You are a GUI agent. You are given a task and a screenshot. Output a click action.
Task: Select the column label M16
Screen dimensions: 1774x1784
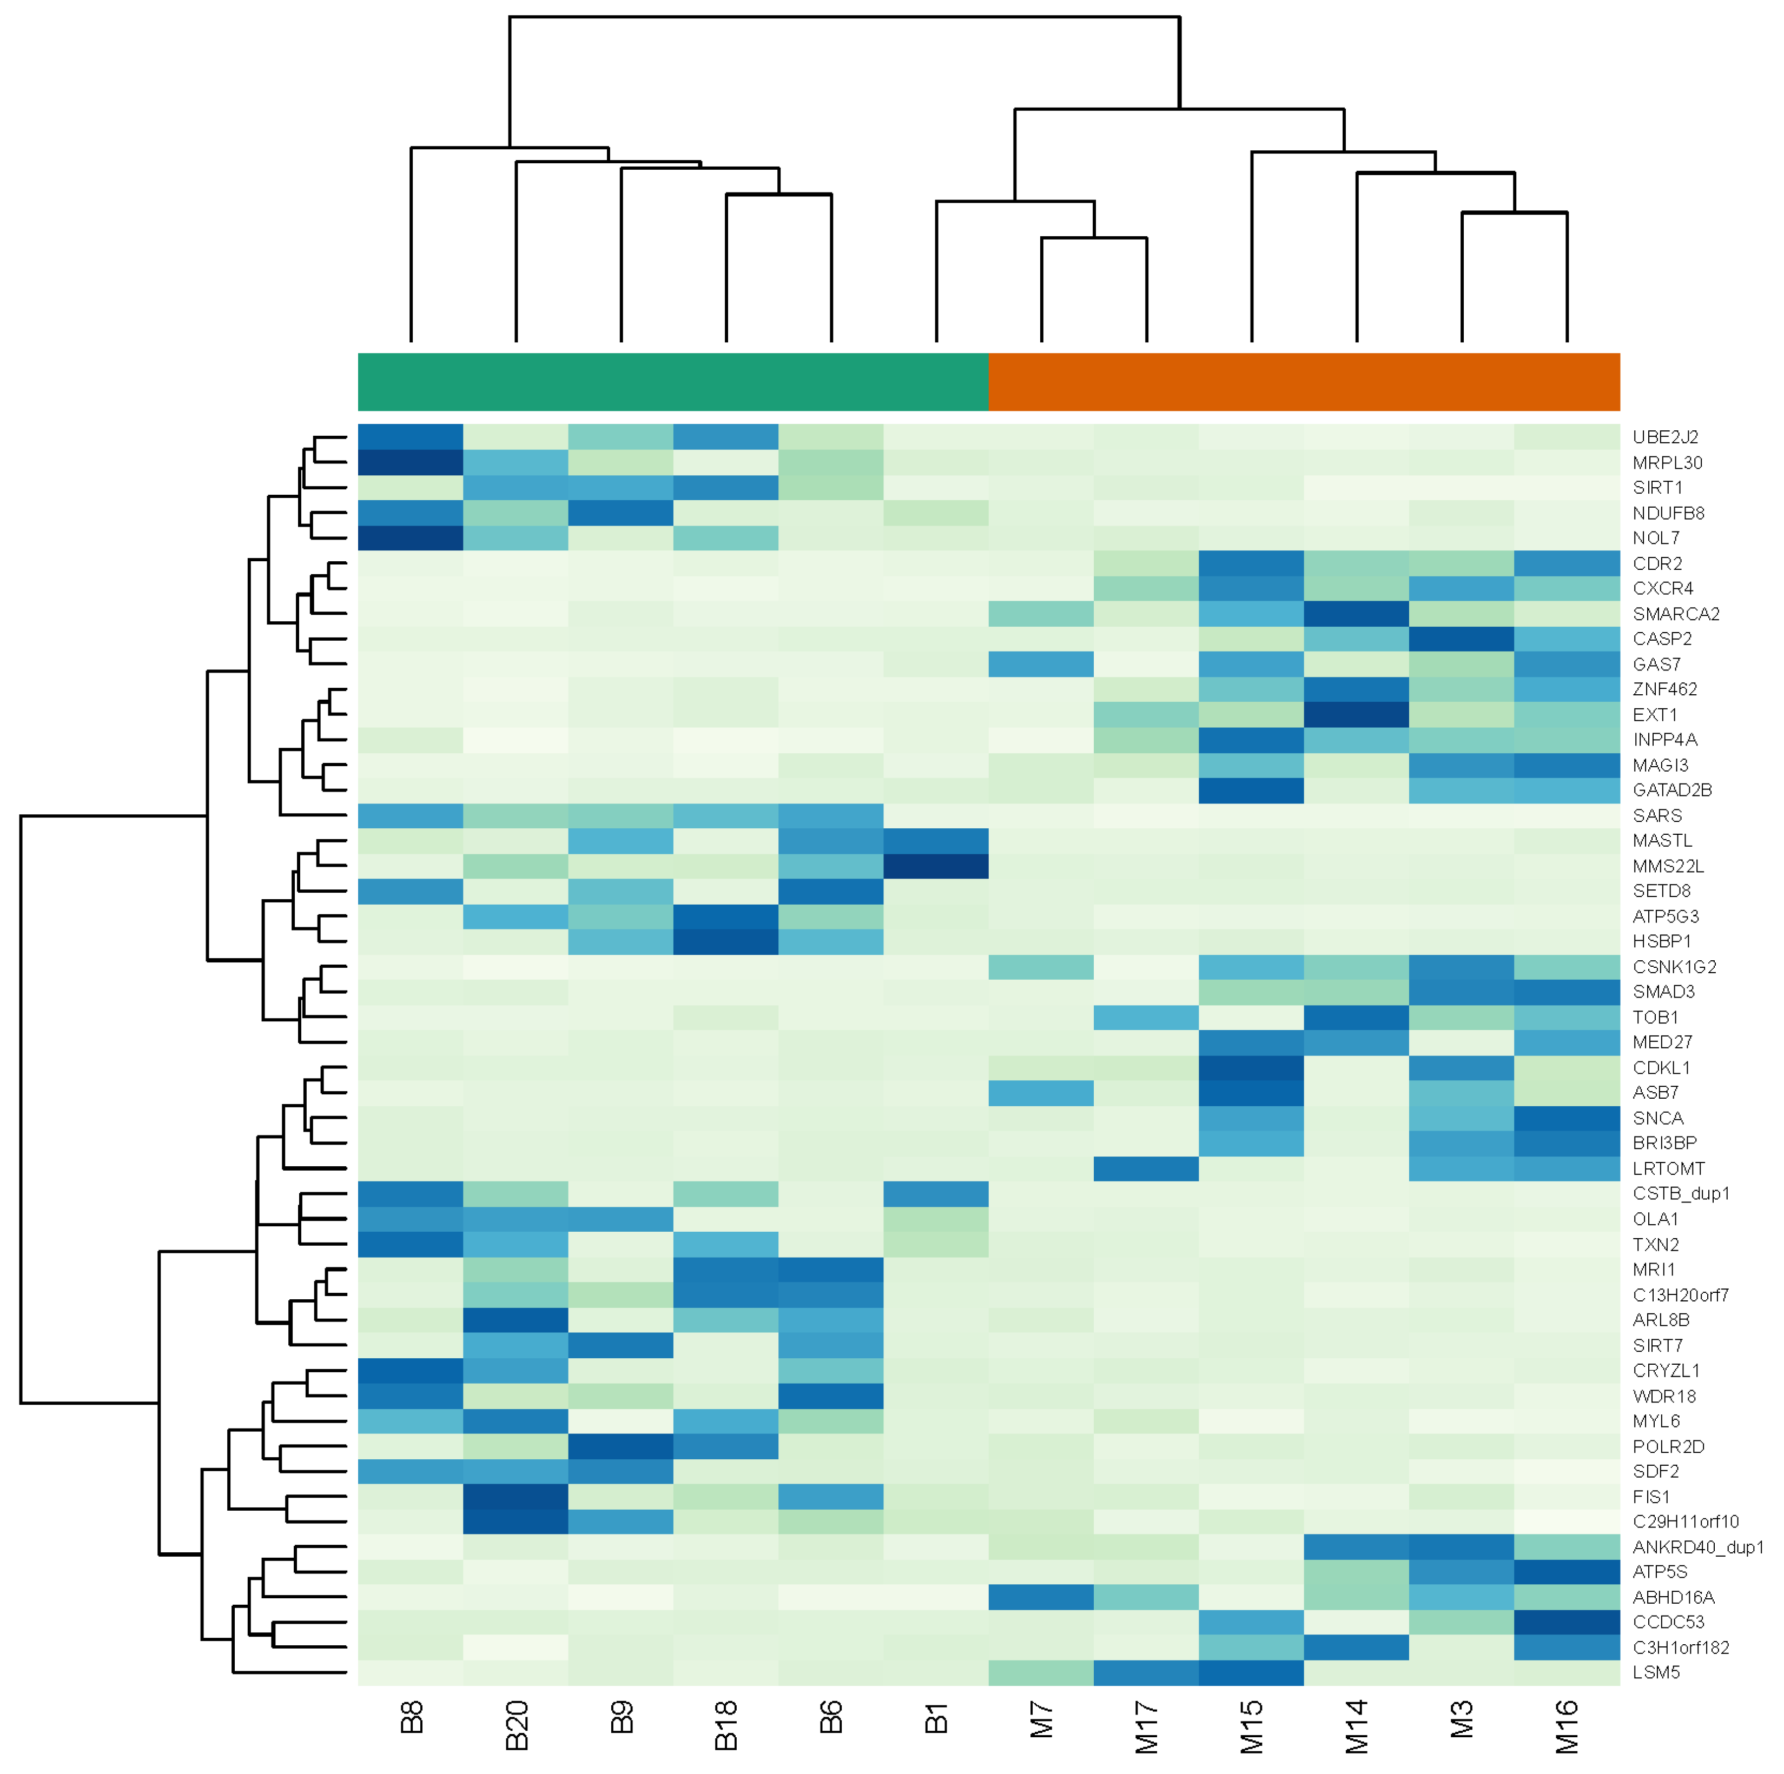click(1567, 1726)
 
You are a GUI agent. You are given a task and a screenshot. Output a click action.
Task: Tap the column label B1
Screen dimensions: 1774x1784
click(936, 1719)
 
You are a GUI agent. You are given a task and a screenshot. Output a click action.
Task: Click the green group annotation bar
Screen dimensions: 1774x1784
click(672, 381)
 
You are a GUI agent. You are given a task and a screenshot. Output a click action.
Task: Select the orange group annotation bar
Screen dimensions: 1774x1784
click(1303, 381)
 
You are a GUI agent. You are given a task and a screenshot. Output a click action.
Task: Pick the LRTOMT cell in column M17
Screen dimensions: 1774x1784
click(1146, 1168)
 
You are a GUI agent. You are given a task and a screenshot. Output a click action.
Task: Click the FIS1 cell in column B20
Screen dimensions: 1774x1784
click(516, 1496)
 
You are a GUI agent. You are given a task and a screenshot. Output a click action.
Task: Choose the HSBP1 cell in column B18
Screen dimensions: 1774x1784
click(726, 941)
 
